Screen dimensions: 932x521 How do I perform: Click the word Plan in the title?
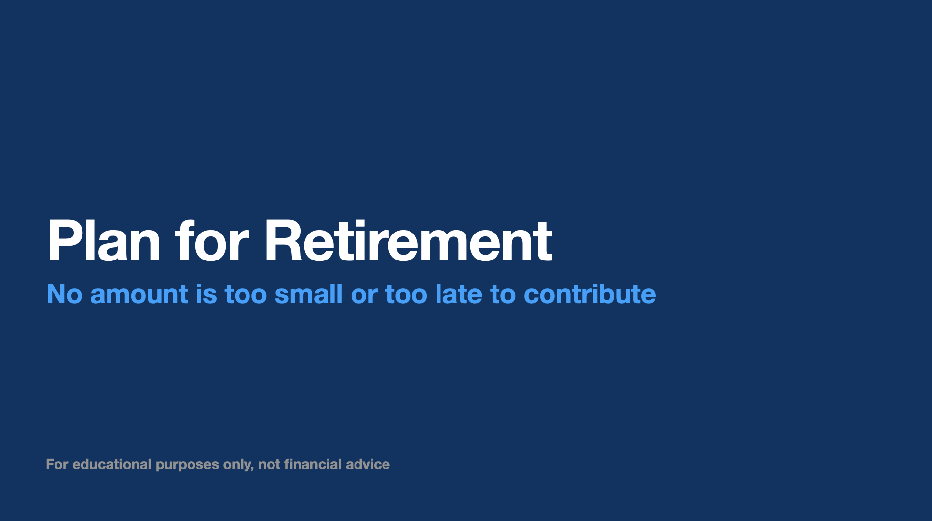[x=104, y=240]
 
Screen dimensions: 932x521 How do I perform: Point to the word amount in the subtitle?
[x=139, y=294]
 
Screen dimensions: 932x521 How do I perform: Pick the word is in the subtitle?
[x=206, y=294]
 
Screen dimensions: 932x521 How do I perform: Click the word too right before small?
[x=246, y=294]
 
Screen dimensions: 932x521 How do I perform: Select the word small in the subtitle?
[x=308, y=294]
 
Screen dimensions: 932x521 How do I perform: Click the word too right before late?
[x=406, y=294]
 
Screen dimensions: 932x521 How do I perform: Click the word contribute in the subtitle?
[x=590, y=294]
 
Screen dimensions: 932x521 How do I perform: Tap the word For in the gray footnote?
[x=57, y=464]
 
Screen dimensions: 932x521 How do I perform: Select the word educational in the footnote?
[x=112, y=464]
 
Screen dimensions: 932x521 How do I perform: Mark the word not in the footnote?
[x=269, y=465]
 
